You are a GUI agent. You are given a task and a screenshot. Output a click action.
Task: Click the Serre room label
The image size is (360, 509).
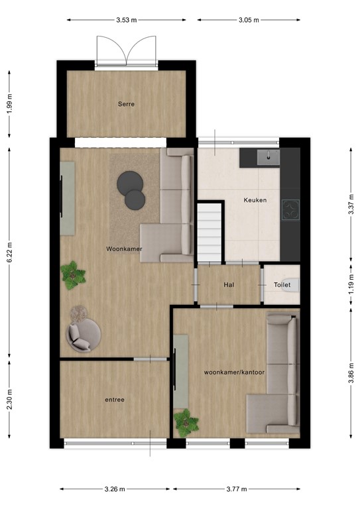tap(127, 104)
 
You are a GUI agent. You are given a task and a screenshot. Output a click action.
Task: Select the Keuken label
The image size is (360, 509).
tap(255, 199)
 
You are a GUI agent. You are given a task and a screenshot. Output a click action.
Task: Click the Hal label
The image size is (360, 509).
tap(229, 284)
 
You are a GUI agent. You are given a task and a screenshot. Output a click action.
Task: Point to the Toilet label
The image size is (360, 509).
tap(282, 285)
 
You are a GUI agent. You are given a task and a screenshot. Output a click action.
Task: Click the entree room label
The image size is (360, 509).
tap(115, 400)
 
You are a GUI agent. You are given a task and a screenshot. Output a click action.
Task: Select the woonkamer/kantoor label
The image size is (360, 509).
tap(235, 372)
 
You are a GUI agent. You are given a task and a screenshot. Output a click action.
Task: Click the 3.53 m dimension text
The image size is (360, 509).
tap(125, 20)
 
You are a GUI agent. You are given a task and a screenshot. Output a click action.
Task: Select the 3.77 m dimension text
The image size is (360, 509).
tap(235, 489)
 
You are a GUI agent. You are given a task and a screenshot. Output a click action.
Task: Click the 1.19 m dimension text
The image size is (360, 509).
tap(351, 285)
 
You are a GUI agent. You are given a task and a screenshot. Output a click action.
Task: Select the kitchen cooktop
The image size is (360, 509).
tap(290, 209)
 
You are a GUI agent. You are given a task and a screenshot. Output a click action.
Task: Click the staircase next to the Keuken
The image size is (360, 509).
tap(210, 232)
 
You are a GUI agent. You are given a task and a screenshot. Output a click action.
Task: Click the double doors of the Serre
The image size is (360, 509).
tap(126, 52)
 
